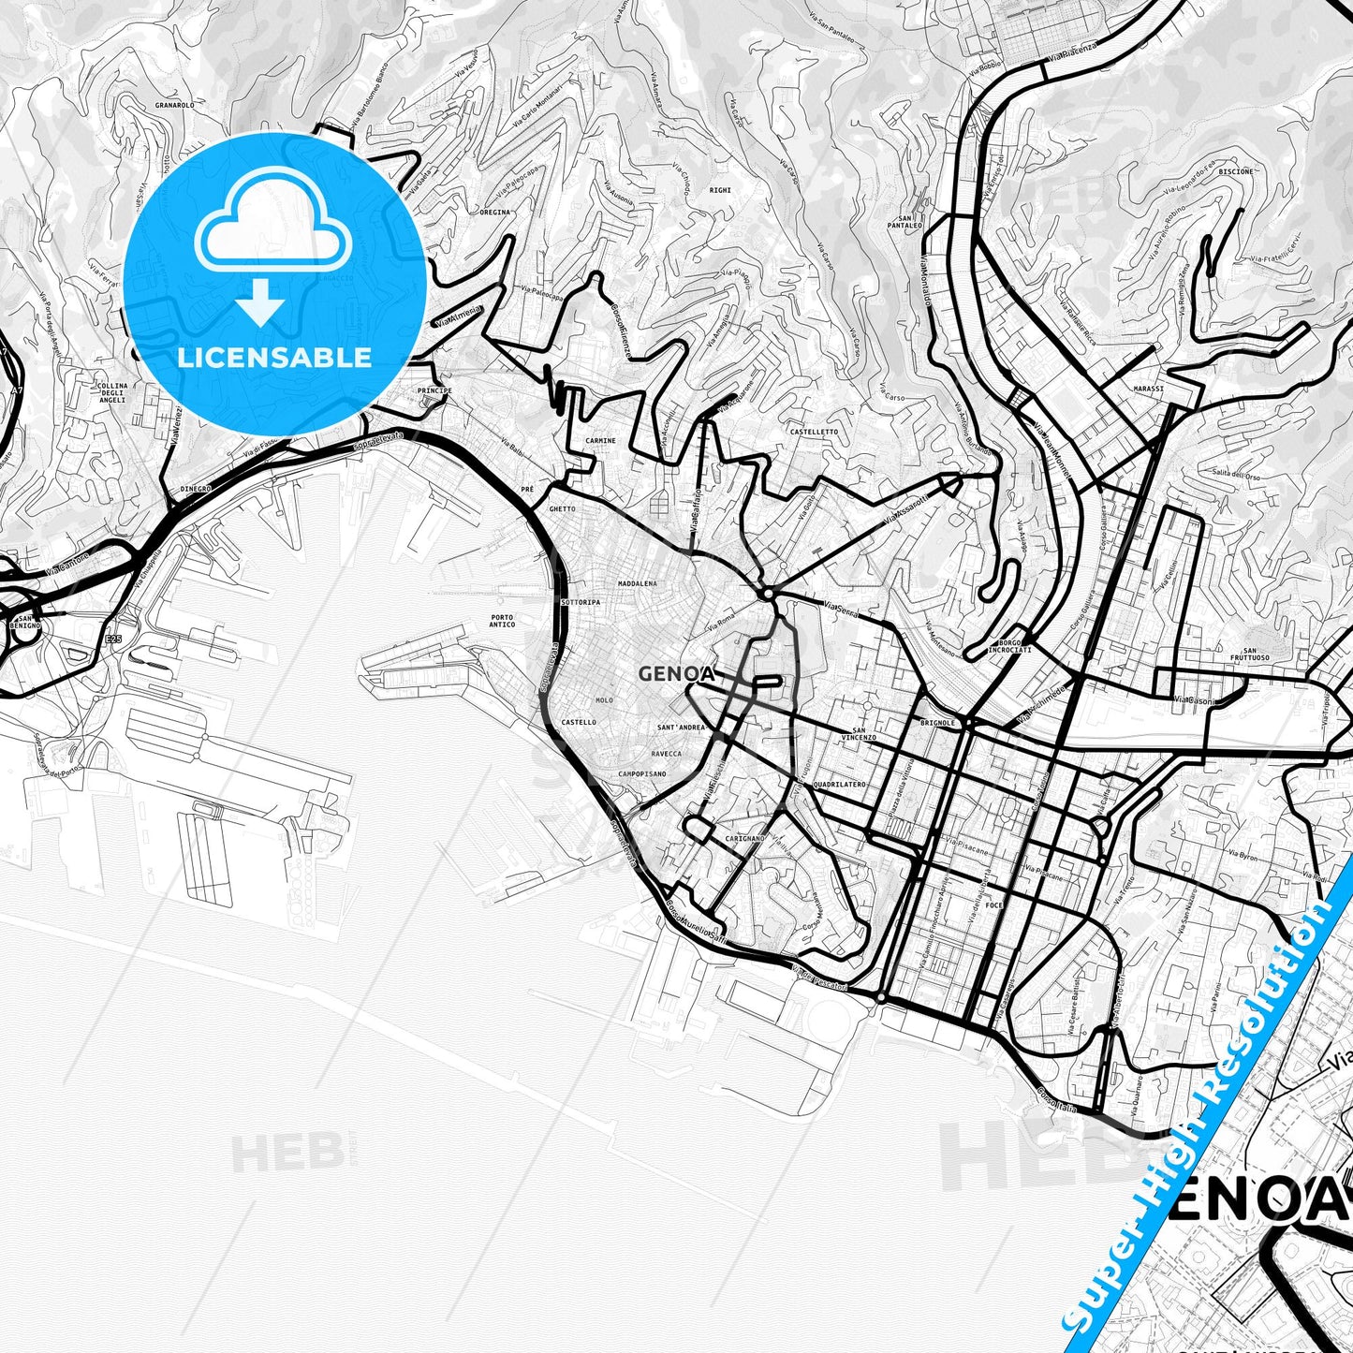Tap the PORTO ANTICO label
[502, 621]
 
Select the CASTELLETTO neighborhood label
[814, 432]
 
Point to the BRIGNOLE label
[937, 723]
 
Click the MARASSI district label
[1148, 389]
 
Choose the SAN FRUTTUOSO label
[1250, 654]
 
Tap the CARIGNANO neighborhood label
[744, 838]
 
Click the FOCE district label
[994, 905]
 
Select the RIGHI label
[720, 190]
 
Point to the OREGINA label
[495, 213]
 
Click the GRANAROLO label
[175, 106]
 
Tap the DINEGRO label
[196, 489]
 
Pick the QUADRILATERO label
[840, 785]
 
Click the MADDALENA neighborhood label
[638, 583]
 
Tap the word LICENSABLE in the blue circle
[274, 358]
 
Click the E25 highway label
[113, 640]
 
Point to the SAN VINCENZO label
[859, 734]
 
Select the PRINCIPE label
[434, 390]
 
